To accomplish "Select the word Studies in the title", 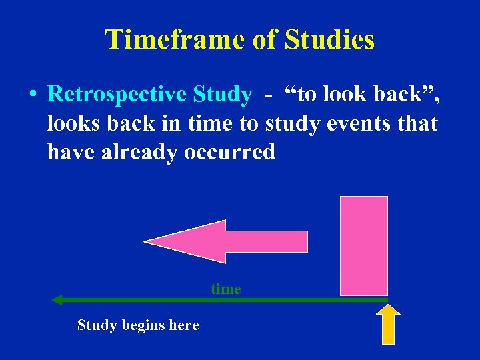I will pyautogui.click(x=329, y=40).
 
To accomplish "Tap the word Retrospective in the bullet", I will pyautogui.click(x=117, y=95).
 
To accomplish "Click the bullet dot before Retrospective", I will pyautogui.click(x=33, y=95).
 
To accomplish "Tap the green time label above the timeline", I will pyautogui.click(x=225, y=289).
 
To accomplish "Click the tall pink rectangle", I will pyautogui.click(x=363, y=245).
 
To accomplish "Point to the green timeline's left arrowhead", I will pyautogui.click(x=57, y=300).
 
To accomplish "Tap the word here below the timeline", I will pyautogui.click(x=183, y=325).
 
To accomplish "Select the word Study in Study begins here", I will pyautogui.click(x=94, y=325).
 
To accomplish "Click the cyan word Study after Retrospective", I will pyautogui.click(x=222, y=95).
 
